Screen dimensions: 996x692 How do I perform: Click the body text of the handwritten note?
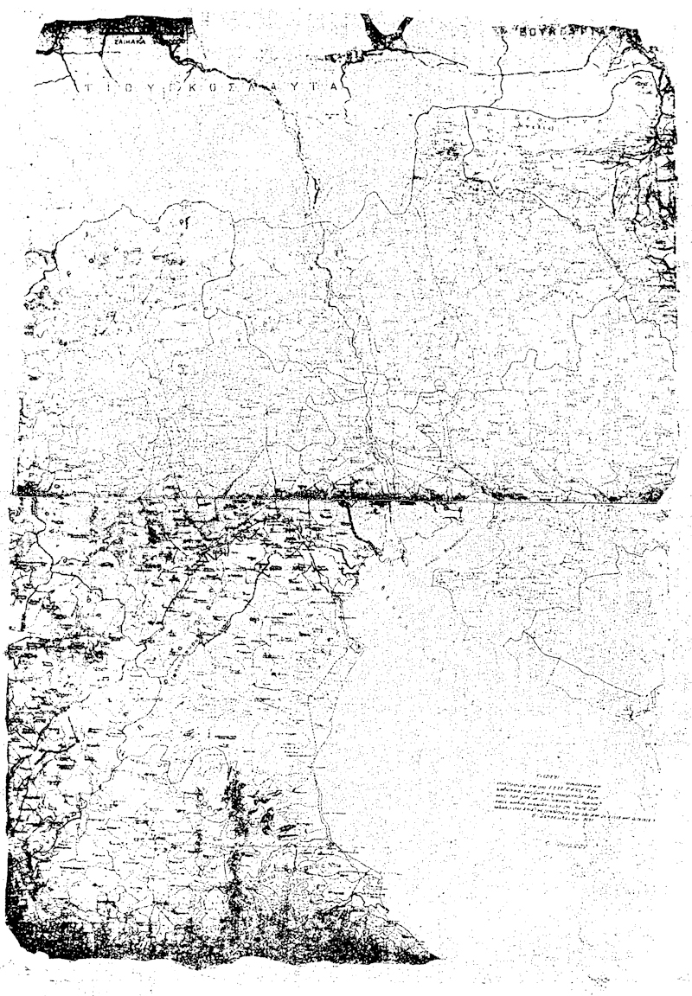[x=571, y=804]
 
